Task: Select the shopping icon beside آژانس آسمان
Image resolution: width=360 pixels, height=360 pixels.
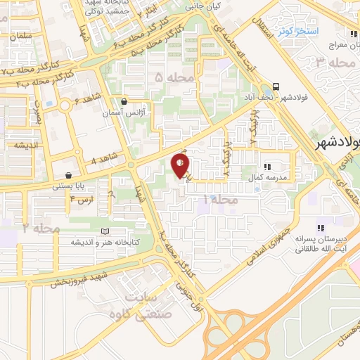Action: pyautogui.click(x=124, y=101)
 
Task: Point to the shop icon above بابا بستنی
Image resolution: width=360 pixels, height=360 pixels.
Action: pyautogui.click(x=67, y=176)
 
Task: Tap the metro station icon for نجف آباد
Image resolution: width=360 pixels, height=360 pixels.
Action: pyautogui.click(x=276, y=86)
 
